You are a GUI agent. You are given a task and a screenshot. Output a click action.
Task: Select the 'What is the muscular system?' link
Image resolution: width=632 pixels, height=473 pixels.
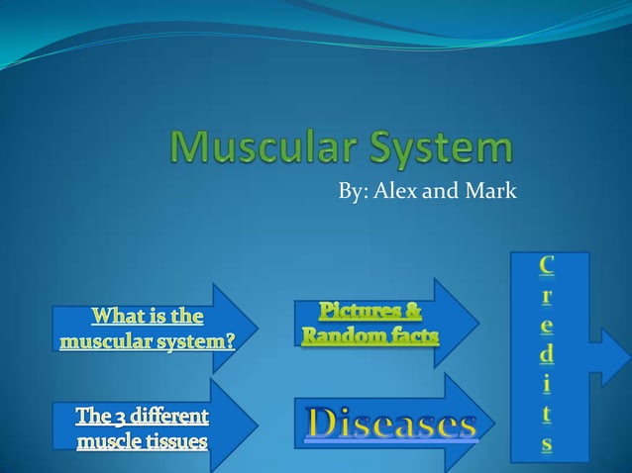click(148, 330)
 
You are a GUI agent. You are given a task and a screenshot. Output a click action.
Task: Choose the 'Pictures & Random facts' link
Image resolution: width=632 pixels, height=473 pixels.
click(370, 325)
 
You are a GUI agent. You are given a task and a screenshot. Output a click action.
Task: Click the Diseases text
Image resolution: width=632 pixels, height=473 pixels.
click(391, 425)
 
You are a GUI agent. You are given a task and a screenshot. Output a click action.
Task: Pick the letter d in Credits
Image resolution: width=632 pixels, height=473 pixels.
click(547, 352)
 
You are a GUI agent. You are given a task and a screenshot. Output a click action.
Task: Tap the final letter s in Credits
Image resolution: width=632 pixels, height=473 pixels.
click(547, 444)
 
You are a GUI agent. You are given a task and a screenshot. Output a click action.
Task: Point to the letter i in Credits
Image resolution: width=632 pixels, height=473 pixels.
click(547, 383)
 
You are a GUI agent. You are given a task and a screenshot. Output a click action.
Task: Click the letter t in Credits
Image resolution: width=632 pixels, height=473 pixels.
click(547, 414)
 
